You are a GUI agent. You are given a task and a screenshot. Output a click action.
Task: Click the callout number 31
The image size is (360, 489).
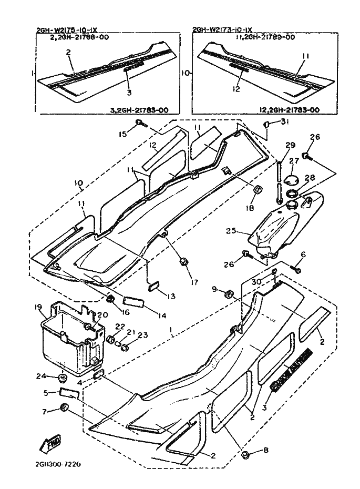coord(284,122)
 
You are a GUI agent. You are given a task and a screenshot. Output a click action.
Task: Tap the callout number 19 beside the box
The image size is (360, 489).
coord(38,307)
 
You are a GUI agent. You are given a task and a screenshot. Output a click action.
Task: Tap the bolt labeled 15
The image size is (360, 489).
coord(139,123)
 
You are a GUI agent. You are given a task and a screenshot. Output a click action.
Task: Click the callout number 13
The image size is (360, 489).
coord(171,297)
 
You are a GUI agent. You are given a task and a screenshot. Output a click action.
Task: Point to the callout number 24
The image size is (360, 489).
coord(40,376)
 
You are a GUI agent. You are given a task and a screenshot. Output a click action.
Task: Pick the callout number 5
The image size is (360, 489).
coord(46,392)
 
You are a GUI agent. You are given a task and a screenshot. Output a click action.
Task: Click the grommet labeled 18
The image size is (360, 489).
coord(258,190)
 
